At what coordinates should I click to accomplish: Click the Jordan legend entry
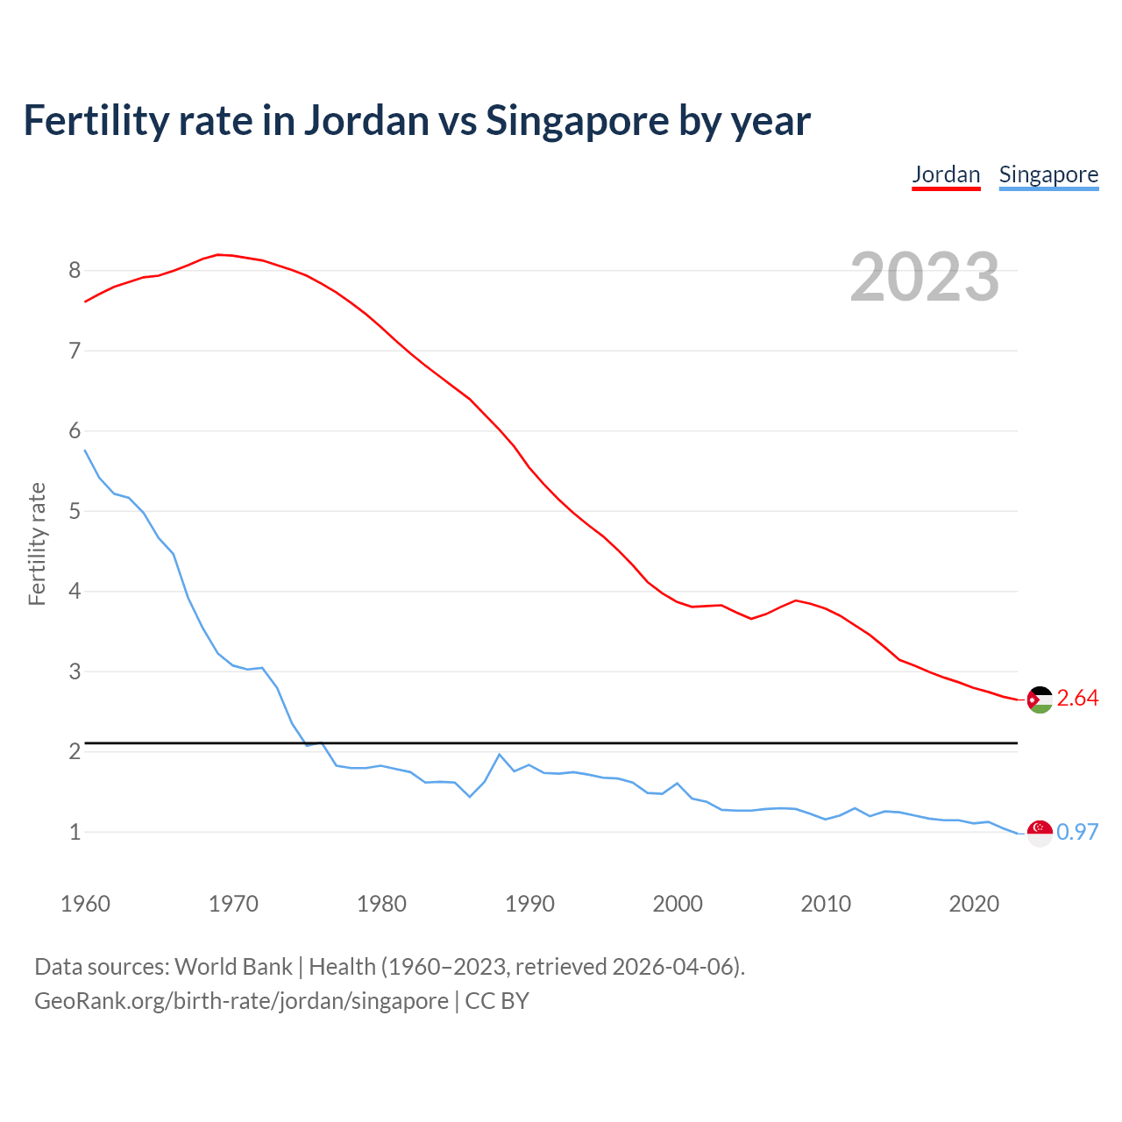pyautogui.click(x=946, y=174)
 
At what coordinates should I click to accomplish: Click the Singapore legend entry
pyautogui.click(x=1048, y=174)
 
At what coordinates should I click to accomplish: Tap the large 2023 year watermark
pyautogui.click(x=925, y=277)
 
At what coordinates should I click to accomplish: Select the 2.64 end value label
pyautogui.click(x=1077, y=699)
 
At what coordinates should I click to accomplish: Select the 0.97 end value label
pyautogui.click(x=1077, y=832)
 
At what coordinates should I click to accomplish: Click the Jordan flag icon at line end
pyautogui.click(x=1040, y=699)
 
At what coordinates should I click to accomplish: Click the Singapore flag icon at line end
pyautogui.click(x=1040, y=833)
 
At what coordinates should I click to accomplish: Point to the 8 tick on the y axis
pyautogui.click(x=75, y=271)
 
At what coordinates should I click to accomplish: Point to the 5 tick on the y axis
pyautogui.click(x=75, y=511)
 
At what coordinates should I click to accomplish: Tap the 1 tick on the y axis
pyautogui.click(x=75, y=832)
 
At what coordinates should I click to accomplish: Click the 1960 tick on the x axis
pyautogui.click(x=85, y=904)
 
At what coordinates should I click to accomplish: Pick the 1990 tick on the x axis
pyautogui.click(x=529, y=904)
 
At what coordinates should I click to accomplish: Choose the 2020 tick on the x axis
pyautogui.click(x=974, y=904)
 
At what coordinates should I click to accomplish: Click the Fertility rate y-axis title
pyautogui.click(x=37, y=543)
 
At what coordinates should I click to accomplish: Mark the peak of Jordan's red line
pyautogui.click(x=218, y=254)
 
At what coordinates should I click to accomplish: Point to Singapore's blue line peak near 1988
pyautogui.click(x=500, y=754)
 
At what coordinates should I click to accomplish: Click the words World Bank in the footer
pyautogui.click(x=233, y=967)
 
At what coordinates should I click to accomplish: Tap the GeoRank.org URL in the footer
pyautogui.click(x=241, y=1001)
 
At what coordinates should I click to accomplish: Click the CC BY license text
pyautogui.click(x=497, y=1001)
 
